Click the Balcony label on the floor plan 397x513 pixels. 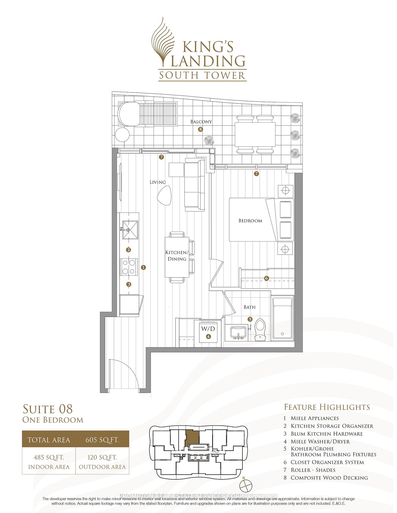coord(201,122)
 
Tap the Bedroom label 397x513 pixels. coord(250,221)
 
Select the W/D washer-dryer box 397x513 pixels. coord(208,333)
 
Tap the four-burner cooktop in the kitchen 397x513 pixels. coord(129,267)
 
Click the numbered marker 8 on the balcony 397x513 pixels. coord(200,129)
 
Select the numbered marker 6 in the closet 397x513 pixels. coord(266,278)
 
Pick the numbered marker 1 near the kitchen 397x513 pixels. coord(144,267)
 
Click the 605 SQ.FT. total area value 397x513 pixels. coord(102,440)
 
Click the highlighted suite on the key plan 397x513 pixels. coord(192,437)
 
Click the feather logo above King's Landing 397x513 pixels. coord(163,41)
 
